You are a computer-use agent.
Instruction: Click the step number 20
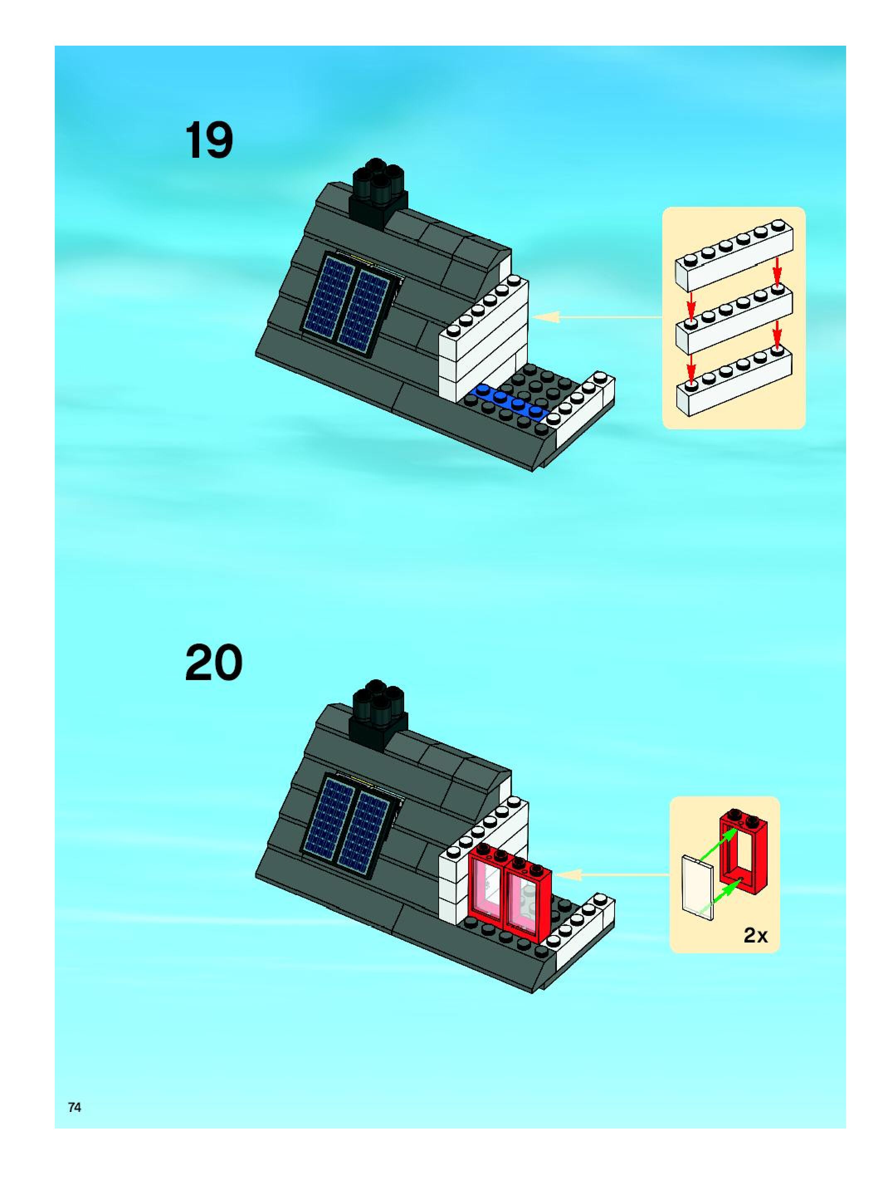pyautogui.click(x=214, y=663)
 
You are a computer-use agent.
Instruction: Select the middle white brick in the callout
pyautogui.click(x=734, y=317)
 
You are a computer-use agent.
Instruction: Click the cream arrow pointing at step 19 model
pyautogui.click(x=597, y=317)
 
